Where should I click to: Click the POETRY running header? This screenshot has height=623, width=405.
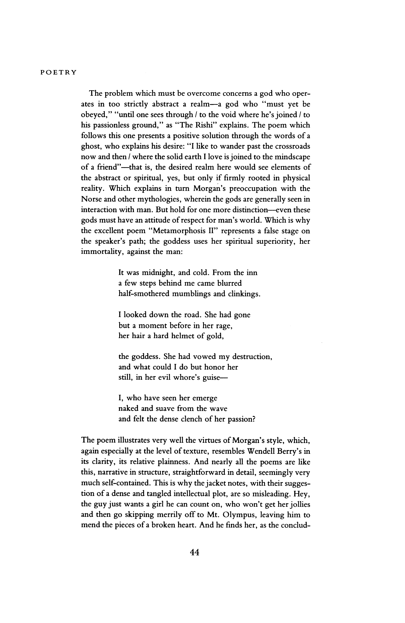(58, 73)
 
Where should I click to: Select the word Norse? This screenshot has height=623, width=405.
(93, 199)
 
